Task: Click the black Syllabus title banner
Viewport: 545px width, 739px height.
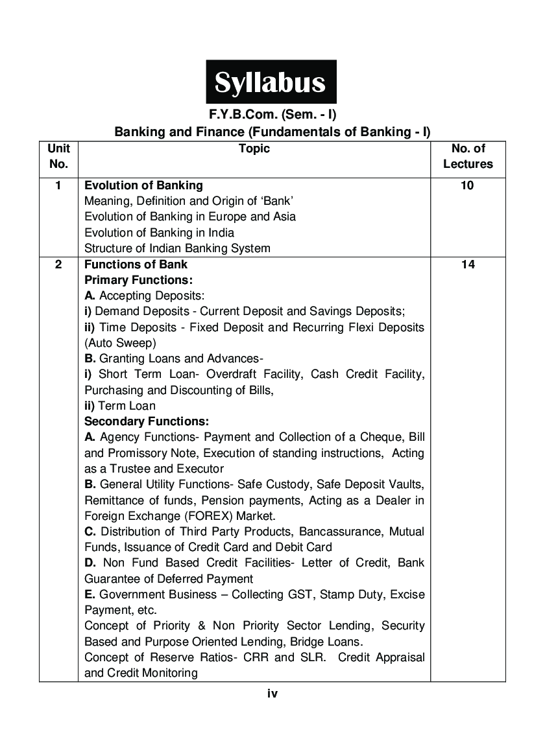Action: coord(271,82)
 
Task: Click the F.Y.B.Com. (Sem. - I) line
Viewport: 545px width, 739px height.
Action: coord(272,115)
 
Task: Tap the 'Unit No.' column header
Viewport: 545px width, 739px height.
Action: coord(58,156)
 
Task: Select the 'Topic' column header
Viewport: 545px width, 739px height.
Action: coord(254,149)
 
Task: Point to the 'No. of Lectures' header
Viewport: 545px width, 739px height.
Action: coord(468,156)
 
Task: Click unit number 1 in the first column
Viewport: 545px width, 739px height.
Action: coord(58,185)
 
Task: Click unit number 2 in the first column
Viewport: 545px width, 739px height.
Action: coord(58,264)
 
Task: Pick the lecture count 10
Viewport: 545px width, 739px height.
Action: coord(468,185)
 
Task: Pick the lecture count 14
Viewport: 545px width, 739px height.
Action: coord(468,264)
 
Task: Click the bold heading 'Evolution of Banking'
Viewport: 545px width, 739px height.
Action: coord(143,185)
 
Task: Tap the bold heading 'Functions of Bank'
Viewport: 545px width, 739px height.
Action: coord(136,264)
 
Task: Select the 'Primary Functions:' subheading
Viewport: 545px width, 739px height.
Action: coord(139,280)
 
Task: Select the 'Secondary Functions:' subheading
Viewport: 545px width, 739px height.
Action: coord(147,421)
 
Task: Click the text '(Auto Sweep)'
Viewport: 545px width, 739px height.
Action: coord(120,343)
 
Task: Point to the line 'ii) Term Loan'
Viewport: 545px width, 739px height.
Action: coord(120,406)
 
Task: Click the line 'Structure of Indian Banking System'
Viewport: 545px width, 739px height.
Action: coord(177,248)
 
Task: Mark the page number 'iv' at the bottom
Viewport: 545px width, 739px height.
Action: coord(272,694)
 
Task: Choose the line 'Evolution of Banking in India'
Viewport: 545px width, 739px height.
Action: coord(160,233)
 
